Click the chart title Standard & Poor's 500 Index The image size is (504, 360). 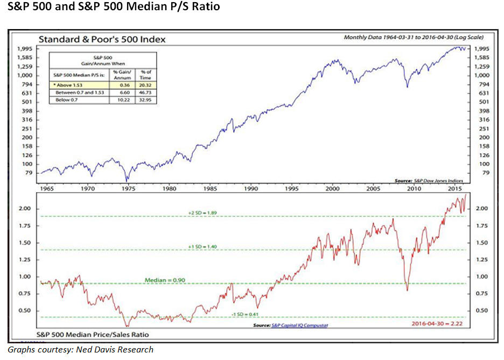(101, 39)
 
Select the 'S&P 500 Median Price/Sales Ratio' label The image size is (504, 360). (92, 335)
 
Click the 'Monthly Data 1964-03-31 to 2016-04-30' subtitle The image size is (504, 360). (413, 38)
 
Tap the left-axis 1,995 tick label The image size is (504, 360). (22, 48)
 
